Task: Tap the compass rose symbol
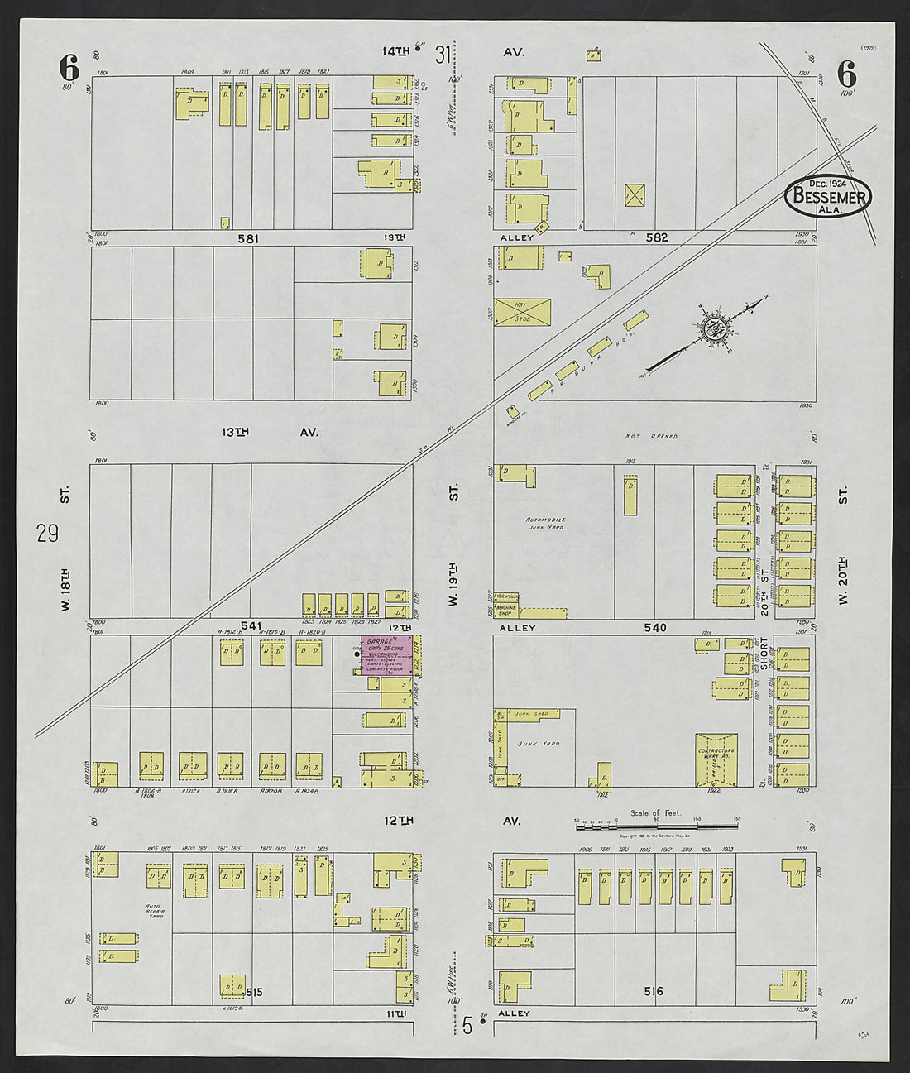(712, 328)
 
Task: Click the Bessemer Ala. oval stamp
(827, 196)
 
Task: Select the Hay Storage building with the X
(522, 311)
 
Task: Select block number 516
(654, 990)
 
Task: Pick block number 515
(253, 991)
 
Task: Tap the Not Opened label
(662, 436)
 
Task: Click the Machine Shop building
(507, 610)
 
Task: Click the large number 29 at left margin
(47, 534)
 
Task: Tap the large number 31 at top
(444, 55)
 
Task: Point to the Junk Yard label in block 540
(539, 744)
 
